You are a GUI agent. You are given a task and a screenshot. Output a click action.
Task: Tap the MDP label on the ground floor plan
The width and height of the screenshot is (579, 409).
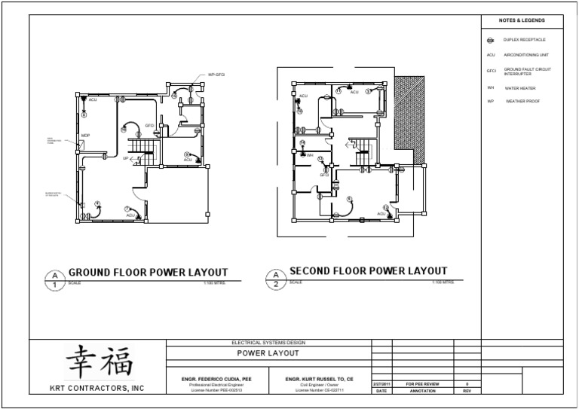[86, 136]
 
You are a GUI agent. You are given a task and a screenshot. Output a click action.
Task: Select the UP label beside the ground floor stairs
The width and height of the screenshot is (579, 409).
[125, 158]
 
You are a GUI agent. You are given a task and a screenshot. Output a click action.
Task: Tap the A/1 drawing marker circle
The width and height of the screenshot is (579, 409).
[54, 279]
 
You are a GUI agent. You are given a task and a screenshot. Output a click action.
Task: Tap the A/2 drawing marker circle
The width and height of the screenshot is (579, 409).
[275, 279]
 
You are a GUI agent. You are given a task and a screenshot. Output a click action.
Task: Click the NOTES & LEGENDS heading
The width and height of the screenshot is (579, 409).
[522, 20]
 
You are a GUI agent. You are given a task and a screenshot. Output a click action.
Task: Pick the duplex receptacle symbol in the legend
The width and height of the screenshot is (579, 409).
[490, 40]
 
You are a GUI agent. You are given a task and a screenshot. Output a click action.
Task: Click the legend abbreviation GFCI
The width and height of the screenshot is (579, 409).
[491, 71]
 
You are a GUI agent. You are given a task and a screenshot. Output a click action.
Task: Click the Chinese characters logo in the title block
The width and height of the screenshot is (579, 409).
[99, 362]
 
